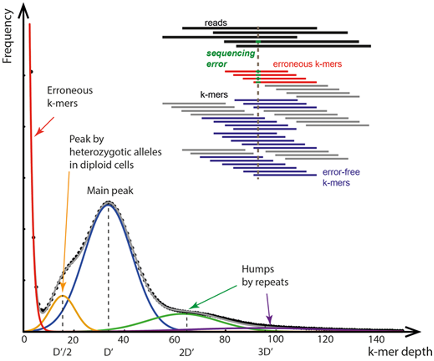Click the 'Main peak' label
click(x=110, y=191)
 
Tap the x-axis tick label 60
click(x=174, y=340)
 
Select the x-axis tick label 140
click(x=377, y=340)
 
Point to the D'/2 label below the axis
click(x=62, y=352)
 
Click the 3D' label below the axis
click(x=265, y=352)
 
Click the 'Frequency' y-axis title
click(x=7, y=36)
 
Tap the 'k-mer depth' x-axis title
click(x=400, y=352)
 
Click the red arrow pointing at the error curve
click(x=44, y=126)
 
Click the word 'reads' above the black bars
click(x=216, y=23)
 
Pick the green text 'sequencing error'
click(x=230, y=59)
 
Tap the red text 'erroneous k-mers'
click(x=307, y=64)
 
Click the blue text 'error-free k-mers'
click(x=341, y=177)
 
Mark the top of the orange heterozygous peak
click(x=63, y=295)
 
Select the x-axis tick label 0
click(x=24, y=340)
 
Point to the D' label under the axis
click(x=108, y=352)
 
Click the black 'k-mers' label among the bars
click(x=214, y=95)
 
